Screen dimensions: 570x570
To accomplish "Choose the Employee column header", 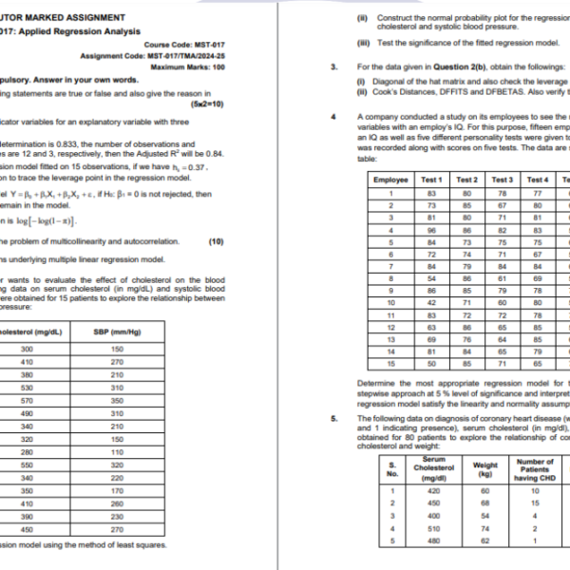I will [390, 180].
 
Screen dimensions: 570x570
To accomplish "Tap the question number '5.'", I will [333, 418].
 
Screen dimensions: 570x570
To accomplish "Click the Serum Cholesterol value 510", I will [434, 528].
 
